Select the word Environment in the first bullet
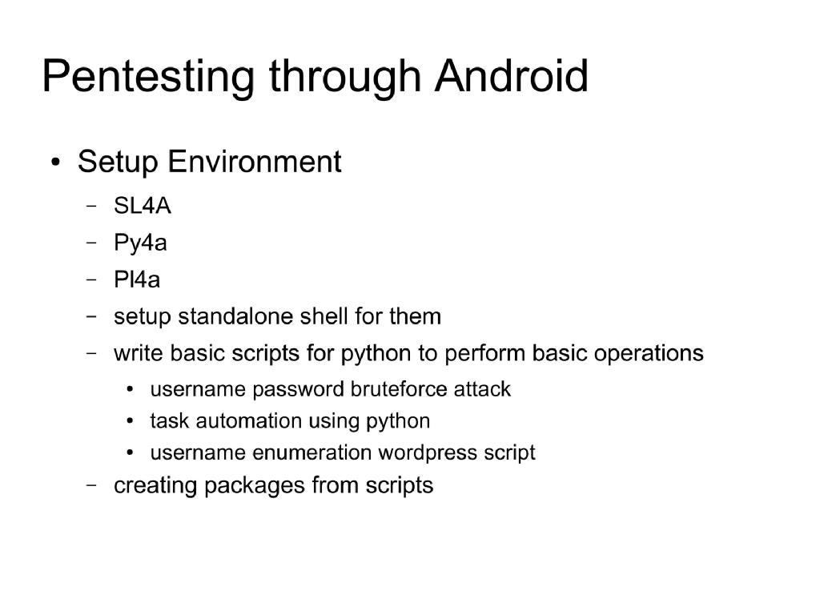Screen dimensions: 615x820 coord(254,162)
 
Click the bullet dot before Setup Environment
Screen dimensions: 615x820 coord(54,163)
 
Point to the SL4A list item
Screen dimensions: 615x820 coord(143,207)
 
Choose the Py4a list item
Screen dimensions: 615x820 coord(141,243)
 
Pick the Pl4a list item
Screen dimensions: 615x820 coord(137,280)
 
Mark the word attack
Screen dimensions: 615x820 coord(482,389)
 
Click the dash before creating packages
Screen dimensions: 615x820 coord(91,485)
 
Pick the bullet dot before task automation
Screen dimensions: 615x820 coord(130,421)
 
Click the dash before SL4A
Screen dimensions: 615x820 coord(91,207)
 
